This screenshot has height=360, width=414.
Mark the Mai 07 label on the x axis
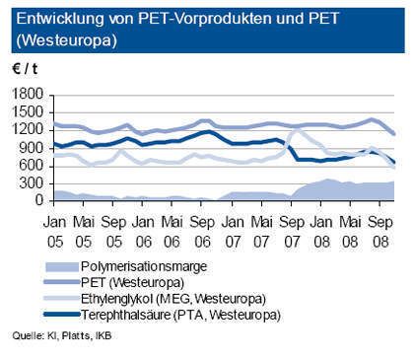263,221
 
